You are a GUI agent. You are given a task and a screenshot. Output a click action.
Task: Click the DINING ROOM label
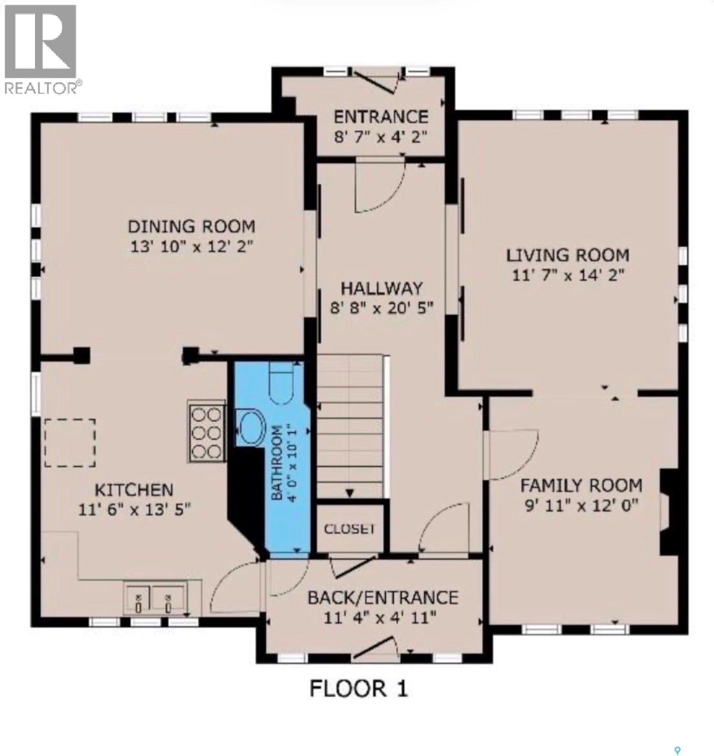click(191, 226)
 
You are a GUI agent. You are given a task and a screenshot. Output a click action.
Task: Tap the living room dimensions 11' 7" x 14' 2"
click(568, 275)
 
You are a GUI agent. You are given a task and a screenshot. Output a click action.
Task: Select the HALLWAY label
click(381, 288)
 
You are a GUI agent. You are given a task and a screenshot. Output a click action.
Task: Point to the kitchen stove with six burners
click(206, 431)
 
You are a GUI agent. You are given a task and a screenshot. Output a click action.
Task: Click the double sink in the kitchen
click(155, 599)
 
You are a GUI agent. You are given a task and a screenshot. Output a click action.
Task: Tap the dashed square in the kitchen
click(70, 442)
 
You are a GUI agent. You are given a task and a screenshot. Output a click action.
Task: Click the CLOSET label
click(350, 529)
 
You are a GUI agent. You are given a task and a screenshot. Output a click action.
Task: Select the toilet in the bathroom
click(282, 384)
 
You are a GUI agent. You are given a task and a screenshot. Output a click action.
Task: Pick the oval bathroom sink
click(252, 429)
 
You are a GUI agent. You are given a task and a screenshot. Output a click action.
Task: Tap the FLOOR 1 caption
click(359, 688)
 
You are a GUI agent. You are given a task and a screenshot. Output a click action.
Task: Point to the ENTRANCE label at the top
click(381, 117)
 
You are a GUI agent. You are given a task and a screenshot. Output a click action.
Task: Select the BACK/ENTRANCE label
click(383, 597)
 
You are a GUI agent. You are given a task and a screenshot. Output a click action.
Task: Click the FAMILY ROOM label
click(581, 485)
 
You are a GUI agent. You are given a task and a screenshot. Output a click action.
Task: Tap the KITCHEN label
click(135, 490)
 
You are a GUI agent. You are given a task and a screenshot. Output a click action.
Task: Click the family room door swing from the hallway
click(513, 455)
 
